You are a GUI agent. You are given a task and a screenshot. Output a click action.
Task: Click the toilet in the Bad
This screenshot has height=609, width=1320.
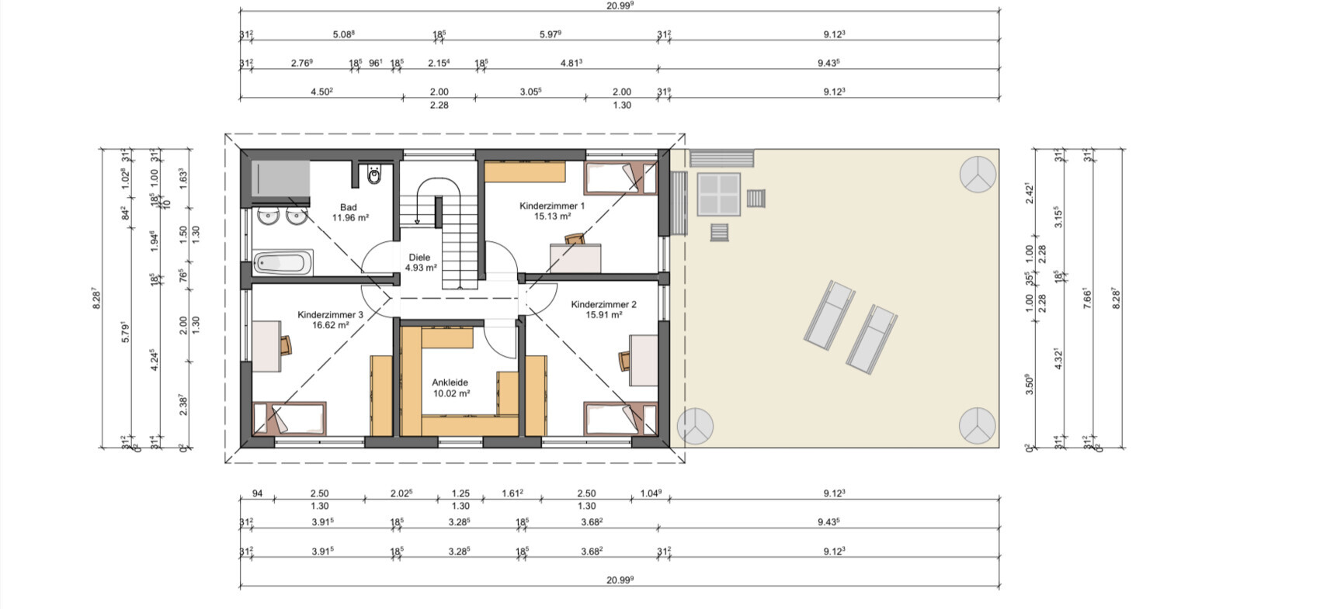pyautogui.click(x=374, y=174)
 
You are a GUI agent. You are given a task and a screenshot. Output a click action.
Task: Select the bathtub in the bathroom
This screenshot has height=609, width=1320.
pyautogui.click(x=283, y=263)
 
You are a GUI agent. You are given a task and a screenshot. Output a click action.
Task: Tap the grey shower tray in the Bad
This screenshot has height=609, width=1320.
pyautogui.click(x=280, y=179)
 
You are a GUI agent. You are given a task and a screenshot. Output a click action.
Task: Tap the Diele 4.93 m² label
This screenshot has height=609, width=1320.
pyautogui.click(x=420, y=262)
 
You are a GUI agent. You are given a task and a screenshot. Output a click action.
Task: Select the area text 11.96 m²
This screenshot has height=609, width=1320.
pyautogui.click(x=350, y=217)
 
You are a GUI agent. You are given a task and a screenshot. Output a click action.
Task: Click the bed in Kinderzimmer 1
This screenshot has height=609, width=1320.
pyautogui.click(x=620, y=178)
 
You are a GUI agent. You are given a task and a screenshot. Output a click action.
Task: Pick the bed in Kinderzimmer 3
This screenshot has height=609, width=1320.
pyautogui.click(x=290, y=419)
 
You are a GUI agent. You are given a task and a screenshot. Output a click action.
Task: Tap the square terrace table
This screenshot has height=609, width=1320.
pyautogui.click(x=719, y=194)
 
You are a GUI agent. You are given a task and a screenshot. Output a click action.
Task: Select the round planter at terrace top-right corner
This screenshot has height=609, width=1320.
pyautogui.click(x=978, y=175)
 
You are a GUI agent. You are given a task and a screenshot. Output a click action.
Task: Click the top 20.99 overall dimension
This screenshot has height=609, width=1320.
pyautogui.click(x=620, y=5)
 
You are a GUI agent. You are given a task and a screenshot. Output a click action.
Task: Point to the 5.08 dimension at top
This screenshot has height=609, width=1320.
pyautogui.click(x=343, y=34)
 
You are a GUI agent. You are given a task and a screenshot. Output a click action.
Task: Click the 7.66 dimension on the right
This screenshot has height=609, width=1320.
pyautogui.click(x=1088, y=298)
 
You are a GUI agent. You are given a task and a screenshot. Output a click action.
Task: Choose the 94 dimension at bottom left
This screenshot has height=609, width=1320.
pyautogui.click(x=258, y=493)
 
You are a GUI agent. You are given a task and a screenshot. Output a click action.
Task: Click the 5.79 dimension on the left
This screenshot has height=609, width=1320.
pyautogui.click(x=124, y=332)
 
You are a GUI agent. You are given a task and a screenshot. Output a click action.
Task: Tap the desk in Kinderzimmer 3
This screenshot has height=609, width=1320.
pyautogui.click(x=266, y=346)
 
